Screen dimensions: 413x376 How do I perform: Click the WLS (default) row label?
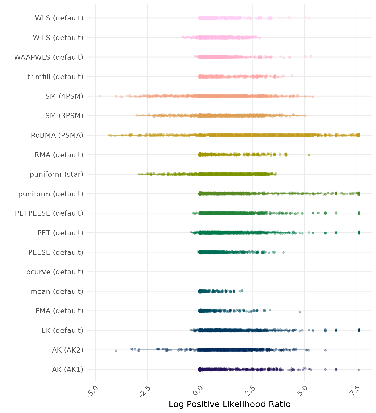(x=59, y=18)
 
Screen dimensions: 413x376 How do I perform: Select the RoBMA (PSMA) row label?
(x=57, y=135)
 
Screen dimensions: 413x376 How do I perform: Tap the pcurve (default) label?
(x=55, y=272)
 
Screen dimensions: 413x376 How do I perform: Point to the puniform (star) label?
(x=56, y=174)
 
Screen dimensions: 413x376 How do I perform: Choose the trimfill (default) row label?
(x=55, y=77)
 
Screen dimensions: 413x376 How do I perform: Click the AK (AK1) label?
(x=68, y=369)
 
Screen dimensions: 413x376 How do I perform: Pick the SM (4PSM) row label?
(x=64, y=96)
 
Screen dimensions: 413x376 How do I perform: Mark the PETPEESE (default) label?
(x=49, y=213)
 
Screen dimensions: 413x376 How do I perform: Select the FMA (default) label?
(x=59, y=311)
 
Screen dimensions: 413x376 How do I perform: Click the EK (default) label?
(x=62, y=330)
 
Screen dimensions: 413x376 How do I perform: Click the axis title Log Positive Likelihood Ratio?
(x=230, y=404)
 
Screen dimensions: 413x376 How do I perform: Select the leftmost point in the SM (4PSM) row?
(x=100, y=96)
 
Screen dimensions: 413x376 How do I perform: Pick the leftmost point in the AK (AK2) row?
(x=116, y=350)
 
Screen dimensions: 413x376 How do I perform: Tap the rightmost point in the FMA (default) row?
(x=300, y=312)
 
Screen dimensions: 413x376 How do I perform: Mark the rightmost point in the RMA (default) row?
(x=309, y=155)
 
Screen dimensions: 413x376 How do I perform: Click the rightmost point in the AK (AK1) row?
(x=359, y=370)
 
